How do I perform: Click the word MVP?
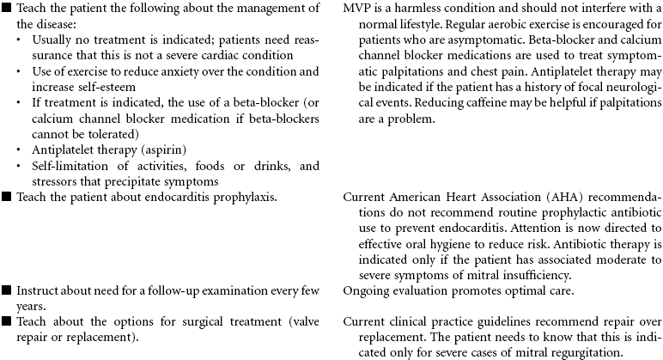(357, 9)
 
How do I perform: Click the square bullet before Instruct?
(7, 295)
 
